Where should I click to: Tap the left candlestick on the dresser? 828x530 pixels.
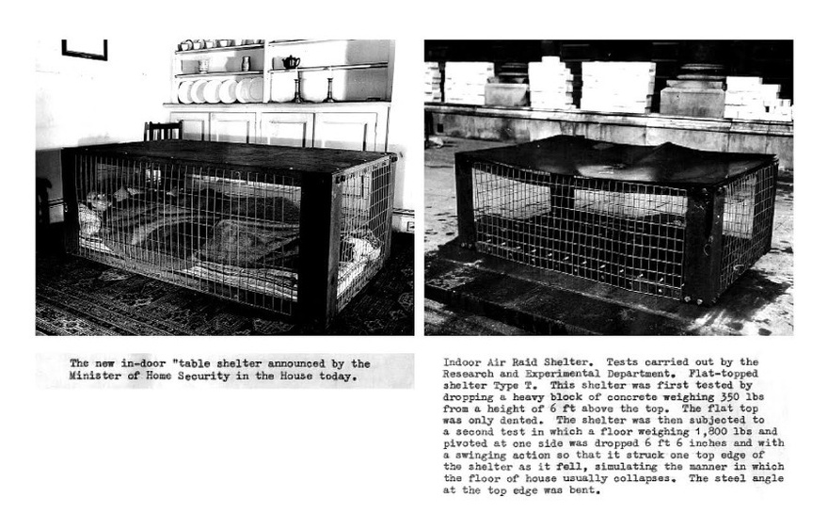point(299,90)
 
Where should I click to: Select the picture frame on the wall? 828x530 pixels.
point(85,49)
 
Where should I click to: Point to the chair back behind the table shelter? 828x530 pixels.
point(163,131)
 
